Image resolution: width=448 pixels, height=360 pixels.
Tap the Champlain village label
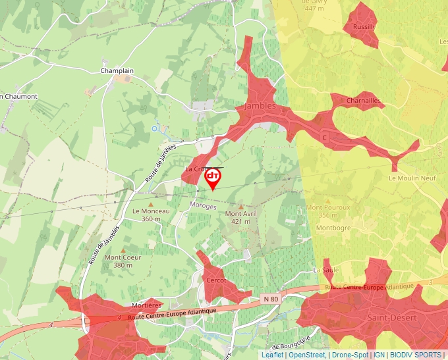click(x=117, y=70)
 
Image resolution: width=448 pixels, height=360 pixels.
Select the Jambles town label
click(x=260, y=106)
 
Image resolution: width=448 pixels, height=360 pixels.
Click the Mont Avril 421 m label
click(x=241, y=217)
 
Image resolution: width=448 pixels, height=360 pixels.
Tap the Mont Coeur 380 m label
click(x=123, y=261)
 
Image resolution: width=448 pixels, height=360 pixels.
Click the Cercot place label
click(x=216, y=280)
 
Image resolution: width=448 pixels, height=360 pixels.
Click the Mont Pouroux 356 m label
click(x=327, y=211)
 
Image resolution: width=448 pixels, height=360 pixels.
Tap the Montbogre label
click(x=332, y=228)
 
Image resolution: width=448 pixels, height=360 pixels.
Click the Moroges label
click(x=202, y=206)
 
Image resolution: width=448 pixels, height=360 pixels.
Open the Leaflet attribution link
click(x=272, y=355)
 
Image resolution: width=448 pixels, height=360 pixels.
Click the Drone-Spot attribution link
click(x=350, y=355)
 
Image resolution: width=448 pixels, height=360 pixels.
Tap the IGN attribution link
click(x=379, y=355)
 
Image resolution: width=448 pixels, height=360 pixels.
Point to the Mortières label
click(x=146, y=305)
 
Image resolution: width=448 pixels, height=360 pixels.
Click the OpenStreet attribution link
click(x=306, y=355)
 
